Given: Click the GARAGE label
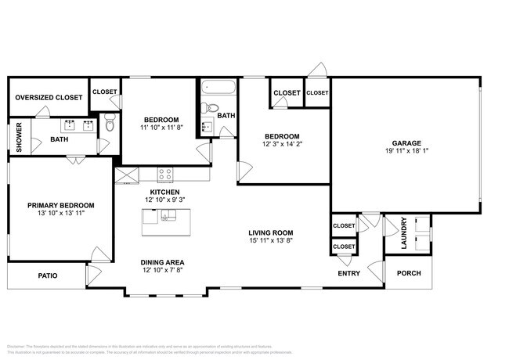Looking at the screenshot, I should pos(400,143).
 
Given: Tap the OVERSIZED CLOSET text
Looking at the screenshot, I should pos(49,97).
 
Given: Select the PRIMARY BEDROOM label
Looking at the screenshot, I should pos(56,205).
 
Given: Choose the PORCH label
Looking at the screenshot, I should pos(408,273).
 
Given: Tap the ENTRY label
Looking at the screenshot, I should pos(348,274).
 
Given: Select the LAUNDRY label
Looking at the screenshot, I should pos(404,233).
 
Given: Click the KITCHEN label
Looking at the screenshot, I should pos(165,192).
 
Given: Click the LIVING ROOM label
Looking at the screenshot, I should pos(271,232).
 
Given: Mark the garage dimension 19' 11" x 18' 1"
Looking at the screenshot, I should pos(400,152).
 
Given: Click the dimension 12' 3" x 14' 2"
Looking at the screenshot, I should pos(281,144).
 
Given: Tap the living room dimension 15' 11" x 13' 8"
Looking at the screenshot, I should pos(271,241).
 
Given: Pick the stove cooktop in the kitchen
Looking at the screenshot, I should pos(165,175).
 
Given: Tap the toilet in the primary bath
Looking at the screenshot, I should pos(109,123).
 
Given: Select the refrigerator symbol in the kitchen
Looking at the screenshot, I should pos(125,175).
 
